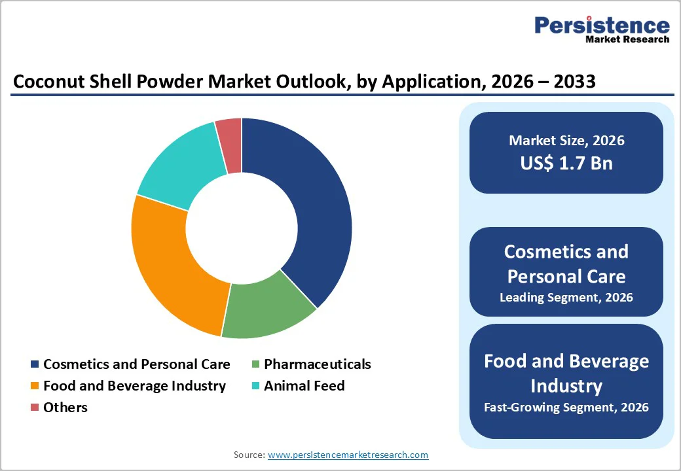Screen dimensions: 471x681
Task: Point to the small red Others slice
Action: coord(229,137)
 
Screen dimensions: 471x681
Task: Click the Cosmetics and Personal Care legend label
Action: coord(136,364)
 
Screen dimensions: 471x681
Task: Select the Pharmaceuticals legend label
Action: coord(317,364)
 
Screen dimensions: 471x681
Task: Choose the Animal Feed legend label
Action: coord(304,386)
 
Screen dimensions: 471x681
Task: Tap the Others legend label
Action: coord(65,408)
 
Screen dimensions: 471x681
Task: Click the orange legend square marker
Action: coord(35,387)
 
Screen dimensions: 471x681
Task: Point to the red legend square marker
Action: coord(35,408)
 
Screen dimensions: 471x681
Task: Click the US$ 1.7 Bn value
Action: coord(566,163)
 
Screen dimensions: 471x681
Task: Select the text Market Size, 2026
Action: coord(566,140)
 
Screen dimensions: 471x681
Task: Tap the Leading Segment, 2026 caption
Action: coord(566,298)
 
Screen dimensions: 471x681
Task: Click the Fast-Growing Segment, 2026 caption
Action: coord(566,408)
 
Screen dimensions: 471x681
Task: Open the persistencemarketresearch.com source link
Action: coord(348,455)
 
